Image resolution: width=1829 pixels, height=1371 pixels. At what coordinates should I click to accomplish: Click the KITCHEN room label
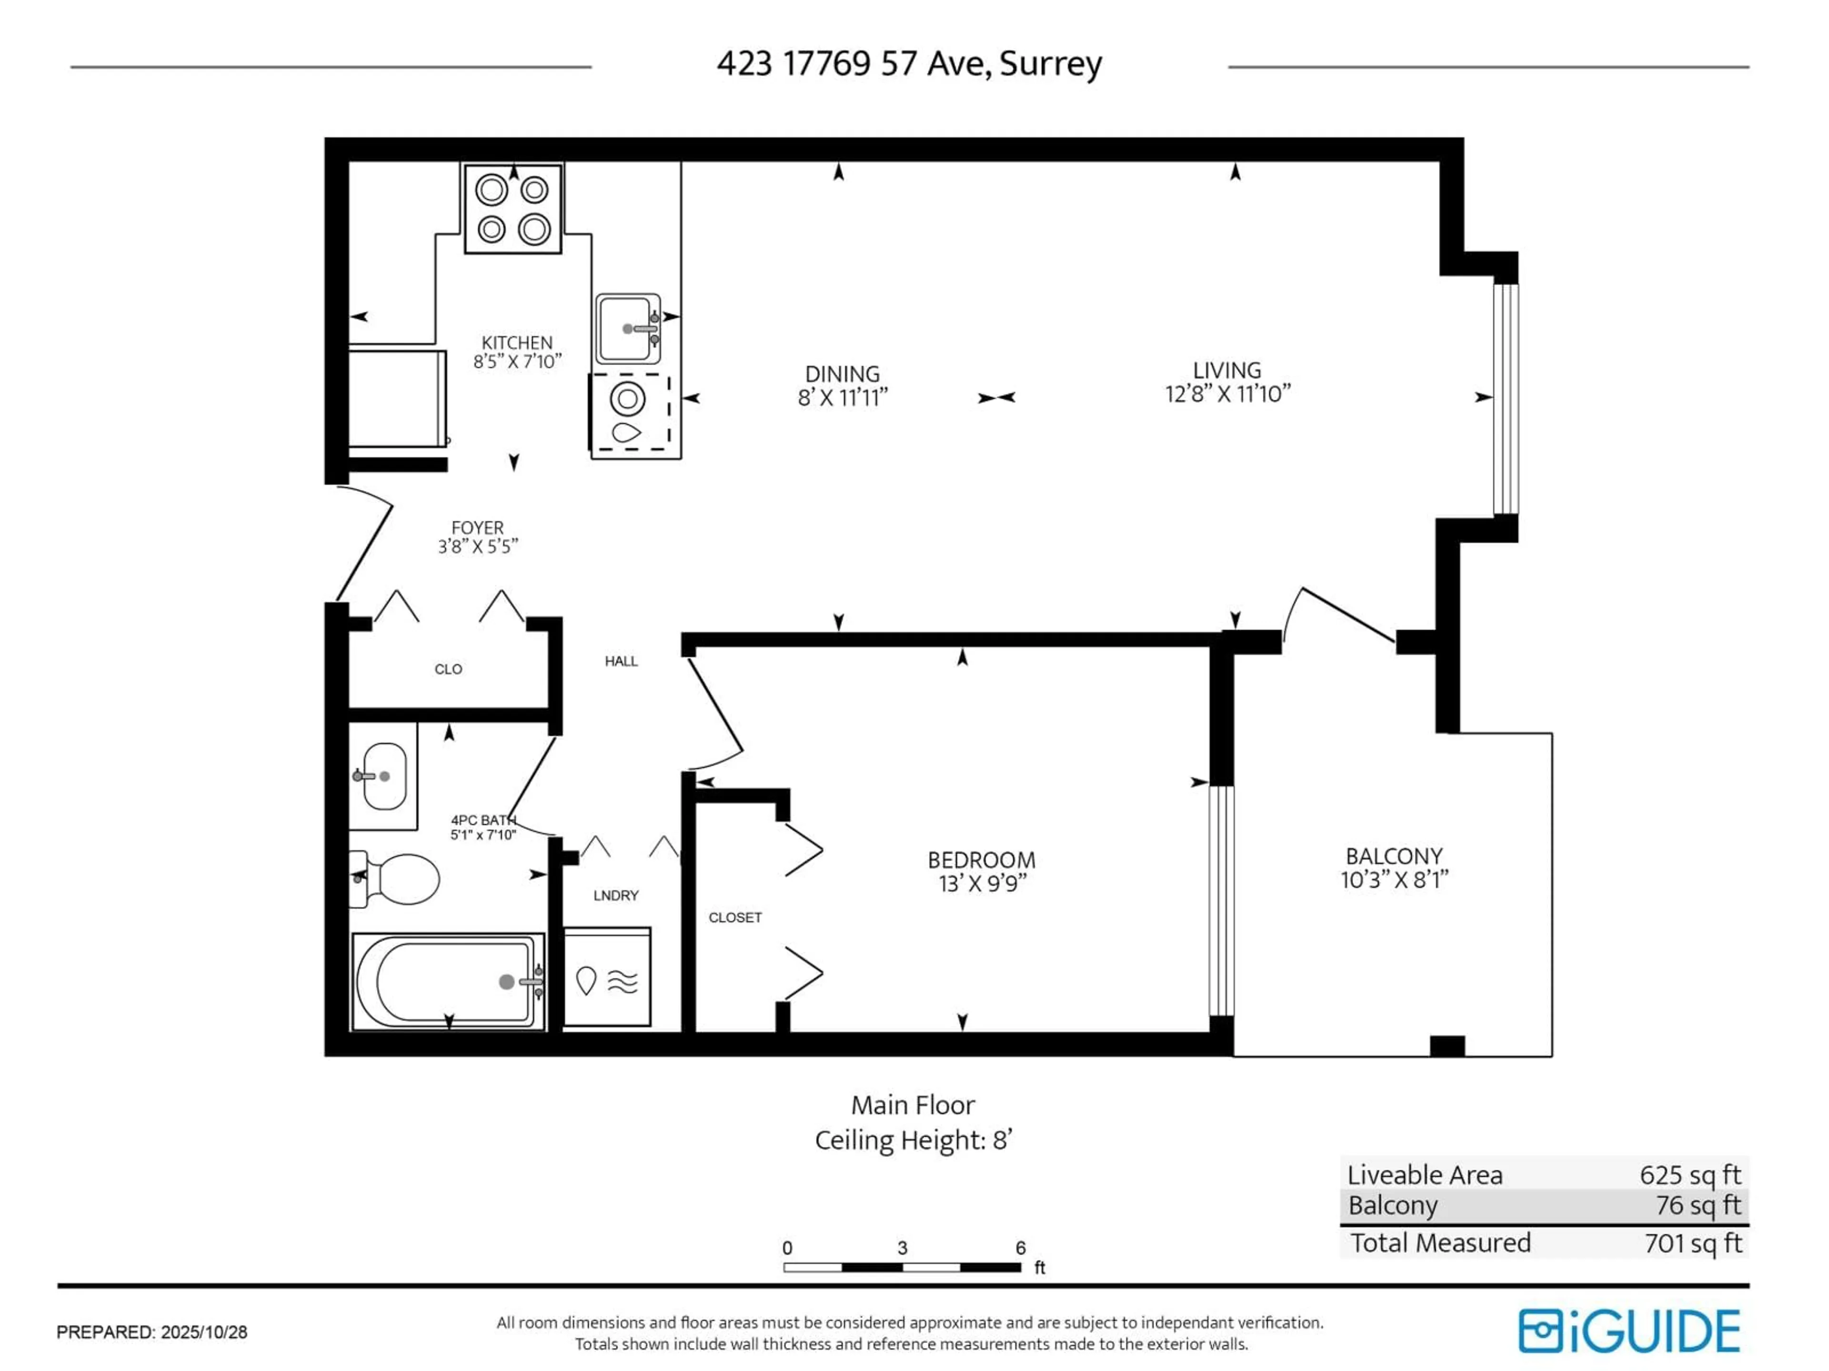(517, 342)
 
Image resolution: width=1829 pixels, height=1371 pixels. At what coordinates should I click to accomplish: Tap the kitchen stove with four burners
(513, 209)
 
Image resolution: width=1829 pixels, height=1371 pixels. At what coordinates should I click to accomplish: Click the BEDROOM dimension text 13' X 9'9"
(982, 884)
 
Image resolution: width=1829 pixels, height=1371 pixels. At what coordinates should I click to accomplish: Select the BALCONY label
(1394, 856)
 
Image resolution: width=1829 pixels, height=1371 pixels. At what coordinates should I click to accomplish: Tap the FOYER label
(477, 527)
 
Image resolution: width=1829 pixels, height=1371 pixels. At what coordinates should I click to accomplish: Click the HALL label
(621, 661)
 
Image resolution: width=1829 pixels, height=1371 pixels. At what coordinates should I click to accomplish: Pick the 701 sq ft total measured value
(1693, 1243)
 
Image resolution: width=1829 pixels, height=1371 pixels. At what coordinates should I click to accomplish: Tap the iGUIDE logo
(1629, 1331)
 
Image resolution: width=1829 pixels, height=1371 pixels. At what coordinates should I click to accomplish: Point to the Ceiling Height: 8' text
(913, 1141)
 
